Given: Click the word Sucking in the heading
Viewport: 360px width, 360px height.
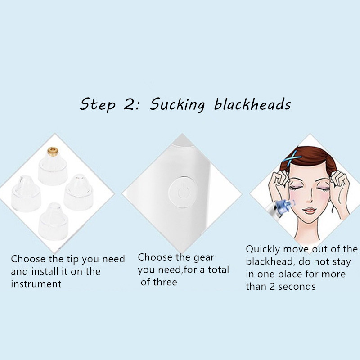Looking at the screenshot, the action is click(177, 105).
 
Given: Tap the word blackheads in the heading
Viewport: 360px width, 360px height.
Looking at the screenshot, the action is click(252, 104).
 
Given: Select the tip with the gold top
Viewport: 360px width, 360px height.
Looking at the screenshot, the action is click(53, 166).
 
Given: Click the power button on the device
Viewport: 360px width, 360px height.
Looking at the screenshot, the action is click(183, 192).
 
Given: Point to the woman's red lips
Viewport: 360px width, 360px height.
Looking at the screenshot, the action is click(310, 210).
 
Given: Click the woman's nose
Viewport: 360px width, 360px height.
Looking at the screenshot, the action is click(310, 198).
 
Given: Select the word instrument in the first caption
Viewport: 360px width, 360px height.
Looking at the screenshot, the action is click(36, 284).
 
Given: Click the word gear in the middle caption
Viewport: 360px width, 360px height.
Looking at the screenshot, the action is click(204, 258).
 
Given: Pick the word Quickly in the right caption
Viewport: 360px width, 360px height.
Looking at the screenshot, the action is click(263, 250).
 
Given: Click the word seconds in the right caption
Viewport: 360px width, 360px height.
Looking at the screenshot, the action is click(297, 287).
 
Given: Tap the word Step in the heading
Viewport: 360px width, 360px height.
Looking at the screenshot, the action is click(97, 105).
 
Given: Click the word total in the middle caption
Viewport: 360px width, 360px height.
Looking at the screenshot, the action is click(219, 270).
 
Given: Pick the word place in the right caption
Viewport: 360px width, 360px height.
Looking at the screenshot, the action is click(289, 274).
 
